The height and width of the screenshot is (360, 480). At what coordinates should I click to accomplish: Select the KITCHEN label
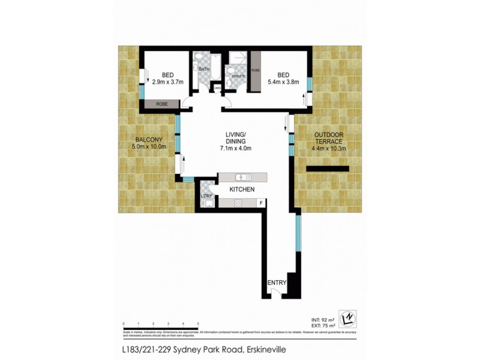242,190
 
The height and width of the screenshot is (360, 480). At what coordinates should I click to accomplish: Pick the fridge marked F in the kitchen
260,203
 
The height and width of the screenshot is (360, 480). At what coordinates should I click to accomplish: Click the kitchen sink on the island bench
242,177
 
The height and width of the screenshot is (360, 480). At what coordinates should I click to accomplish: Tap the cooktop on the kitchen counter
238,203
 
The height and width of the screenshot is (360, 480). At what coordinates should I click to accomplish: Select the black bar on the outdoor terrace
328,170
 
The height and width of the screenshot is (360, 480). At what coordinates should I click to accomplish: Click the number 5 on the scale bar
198,324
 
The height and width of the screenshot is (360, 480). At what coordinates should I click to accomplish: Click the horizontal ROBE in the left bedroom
162,104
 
